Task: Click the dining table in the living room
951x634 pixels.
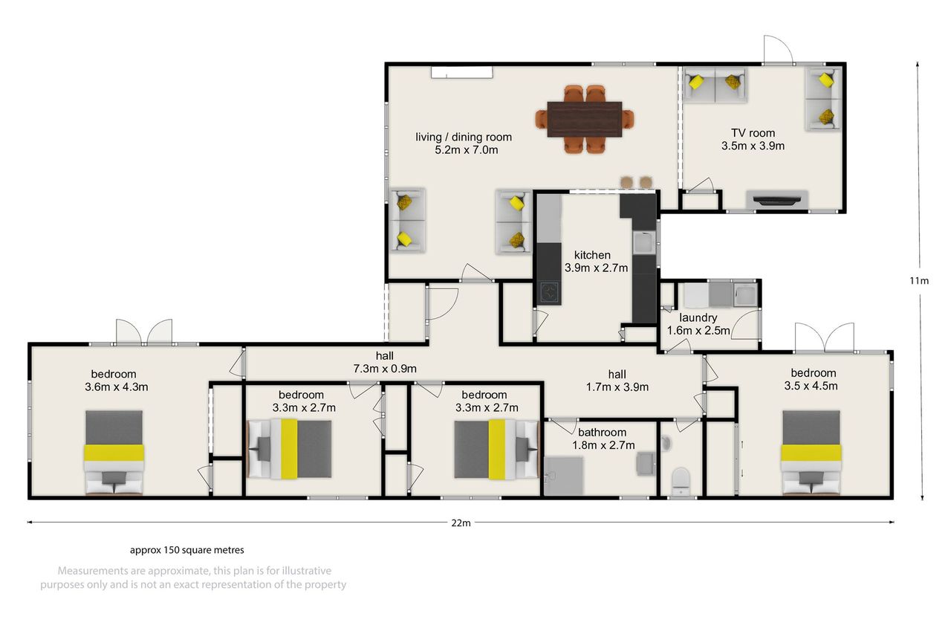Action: [585, 120]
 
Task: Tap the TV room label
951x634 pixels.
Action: [753, 139]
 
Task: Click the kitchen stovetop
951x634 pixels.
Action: [549, 292]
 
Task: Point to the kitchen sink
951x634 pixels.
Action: [644, 242]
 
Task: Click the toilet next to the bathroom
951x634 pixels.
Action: [681, 481]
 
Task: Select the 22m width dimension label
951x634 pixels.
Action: [461, 523]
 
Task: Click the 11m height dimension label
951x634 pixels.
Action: [919, 281]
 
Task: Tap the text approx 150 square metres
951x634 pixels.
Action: [186, 550]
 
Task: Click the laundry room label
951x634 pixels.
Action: [698, 324]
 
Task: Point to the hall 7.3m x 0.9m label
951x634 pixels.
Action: [385, 362]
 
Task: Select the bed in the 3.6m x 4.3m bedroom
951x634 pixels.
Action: [114, 452]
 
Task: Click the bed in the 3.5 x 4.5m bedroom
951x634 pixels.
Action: [811, 452]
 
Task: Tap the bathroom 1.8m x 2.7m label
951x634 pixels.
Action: [603, 439]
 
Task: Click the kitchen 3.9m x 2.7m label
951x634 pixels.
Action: [596, 261]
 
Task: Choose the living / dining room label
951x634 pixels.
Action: [464, 143]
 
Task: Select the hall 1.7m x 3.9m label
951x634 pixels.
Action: [617, 381]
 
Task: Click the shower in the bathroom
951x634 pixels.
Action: [563, 476]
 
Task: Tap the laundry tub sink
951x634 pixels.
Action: [745, 294]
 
